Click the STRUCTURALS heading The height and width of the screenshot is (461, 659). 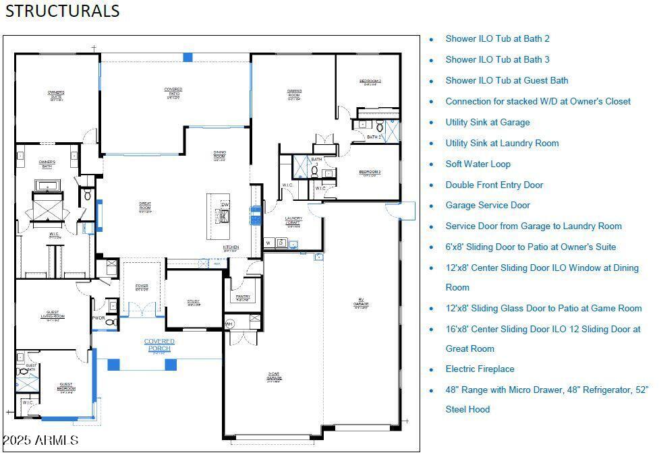pos(63,11)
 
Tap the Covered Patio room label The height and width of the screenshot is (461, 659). pos(173,92)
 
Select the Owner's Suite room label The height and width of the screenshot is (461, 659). pos(56,94)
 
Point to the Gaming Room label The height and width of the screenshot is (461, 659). pos(294,94)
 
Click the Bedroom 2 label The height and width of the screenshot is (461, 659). pos(370,82)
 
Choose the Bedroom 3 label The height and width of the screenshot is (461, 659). pos(370,173)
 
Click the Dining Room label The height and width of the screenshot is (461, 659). pos(219,155)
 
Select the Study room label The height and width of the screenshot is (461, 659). pos(194,303)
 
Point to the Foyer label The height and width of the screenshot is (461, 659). pos(142,287)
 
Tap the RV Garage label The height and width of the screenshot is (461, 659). pos(360,305)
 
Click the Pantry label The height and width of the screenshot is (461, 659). pos(243,297)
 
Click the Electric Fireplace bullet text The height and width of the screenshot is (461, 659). pos(480,369)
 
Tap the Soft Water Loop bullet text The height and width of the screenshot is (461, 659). pos(478,164)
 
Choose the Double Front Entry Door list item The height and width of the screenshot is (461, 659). pos(494,185)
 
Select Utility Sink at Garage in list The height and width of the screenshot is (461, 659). pos(487,122)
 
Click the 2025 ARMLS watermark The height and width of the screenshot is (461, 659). pos(40,441)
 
